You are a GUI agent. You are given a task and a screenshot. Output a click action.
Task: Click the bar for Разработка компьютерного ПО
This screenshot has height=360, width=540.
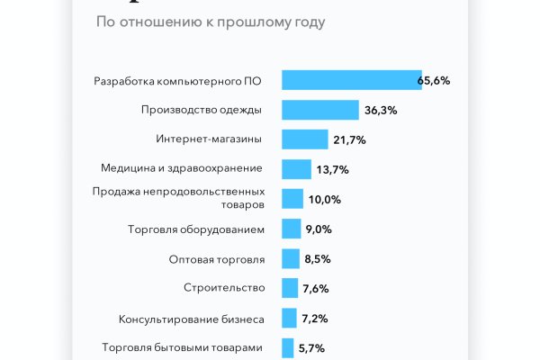point(351,80)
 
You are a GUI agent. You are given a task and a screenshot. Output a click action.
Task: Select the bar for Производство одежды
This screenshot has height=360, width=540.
point(320,110)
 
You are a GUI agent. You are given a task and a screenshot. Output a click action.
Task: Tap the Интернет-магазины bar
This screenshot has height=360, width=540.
point(305,139)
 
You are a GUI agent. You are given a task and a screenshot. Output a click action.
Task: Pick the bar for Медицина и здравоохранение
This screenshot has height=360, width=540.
point(296,169)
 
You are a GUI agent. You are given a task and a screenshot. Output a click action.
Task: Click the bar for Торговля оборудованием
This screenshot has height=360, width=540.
point(292,229)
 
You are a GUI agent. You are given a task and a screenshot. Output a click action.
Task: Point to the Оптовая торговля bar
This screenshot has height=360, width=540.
point(291,258)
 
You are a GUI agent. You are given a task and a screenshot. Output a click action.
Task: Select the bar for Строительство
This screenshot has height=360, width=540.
point(290,288)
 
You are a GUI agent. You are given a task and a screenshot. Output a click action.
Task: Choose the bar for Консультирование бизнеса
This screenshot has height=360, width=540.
point(289,318)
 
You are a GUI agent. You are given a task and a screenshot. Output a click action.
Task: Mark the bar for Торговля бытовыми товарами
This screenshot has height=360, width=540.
point(288,347)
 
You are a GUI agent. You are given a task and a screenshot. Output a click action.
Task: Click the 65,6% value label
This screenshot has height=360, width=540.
point(434,81)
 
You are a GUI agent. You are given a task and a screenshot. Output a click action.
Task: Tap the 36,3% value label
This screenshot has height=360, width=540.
point(381,111)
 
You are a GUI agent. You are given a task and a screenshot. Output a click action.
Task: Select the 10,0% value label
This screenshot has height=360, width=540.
point(324,200)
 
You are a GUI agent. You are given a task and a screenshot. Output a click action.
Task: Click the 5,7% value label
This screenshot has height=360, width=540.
point(310,348)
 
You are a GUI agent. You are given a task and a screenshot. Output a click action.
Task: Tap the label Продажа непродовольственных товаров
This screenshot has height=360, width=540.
point(179,198)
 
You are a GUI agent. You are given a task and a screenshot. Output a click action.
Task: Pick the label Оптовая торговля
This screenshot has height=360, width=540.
point(217,258)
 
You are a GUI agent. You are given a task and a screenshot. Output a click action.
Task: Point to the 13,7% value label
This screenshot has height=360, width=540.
point(331,170)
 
